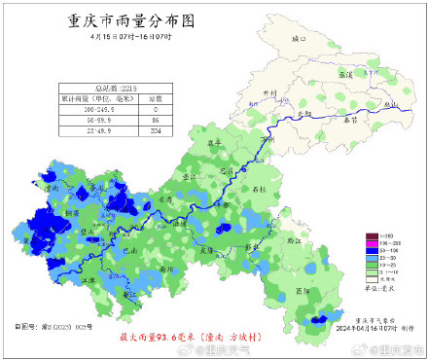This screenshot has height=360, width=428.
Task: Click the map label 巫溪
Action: click(344, 74)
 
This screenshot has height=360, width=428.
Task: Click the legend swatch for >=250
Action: click(371, 235)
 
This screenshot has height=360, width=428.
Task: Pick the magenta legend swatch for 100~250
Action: click(371, 243)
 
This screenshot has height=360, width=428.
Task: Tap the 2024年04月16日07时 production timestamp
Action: click(370, 327)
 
